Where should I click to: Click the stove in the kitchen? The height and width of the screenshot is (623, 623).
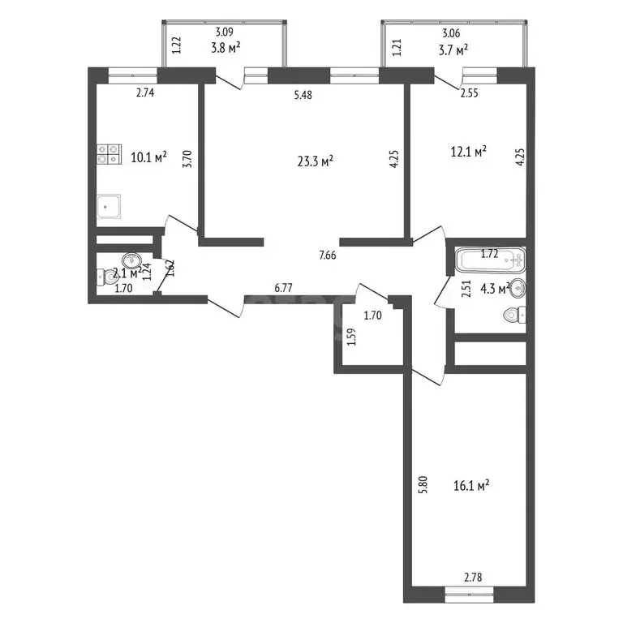tap(108, 154)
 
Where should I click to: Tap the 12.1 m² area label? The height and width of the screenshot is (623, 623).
tap(468, 151)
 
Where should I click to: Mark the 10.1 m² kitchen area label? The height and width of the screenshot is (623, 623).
tap(148, 157)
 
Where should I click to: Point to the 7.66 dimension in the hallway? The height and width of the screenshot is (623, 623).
tap(328, 256)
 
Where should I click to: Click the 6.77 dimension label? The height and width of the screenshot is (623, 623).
tap(283, 287)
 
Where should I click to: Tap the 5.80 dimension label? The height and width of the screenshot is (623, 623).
tap(422, 485)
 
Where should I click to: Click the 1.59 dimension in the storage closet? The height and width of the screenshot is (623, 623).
tap(350, 337)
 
